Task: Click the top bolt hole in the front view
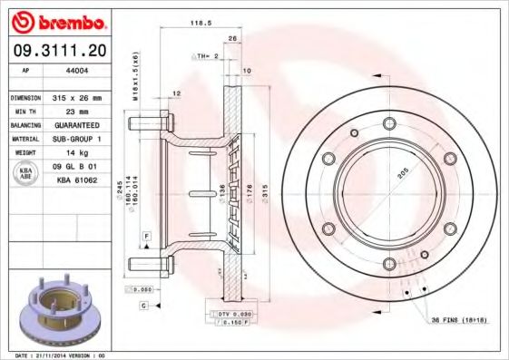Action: (389, 123)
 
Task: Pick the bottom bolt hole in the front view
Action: (389, 265)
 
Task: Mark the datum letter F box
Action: (145, 236)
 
